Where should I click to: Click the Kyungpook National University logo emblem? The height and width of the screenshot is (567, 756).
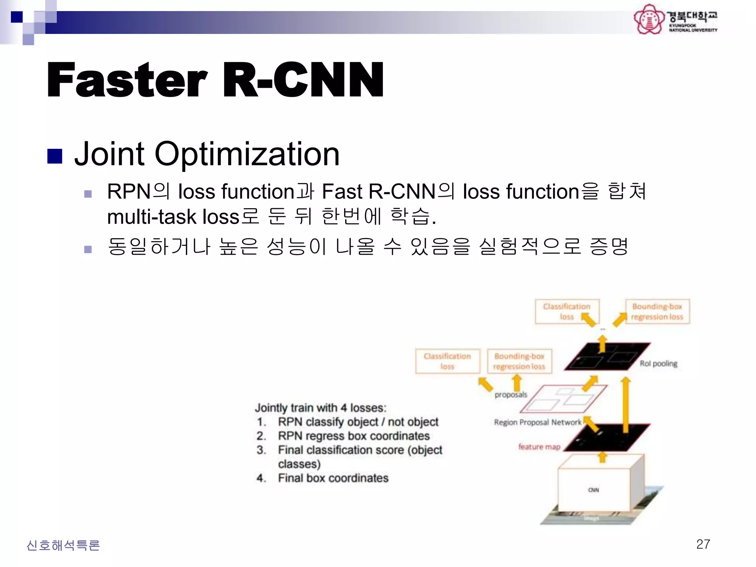tap(649, 19)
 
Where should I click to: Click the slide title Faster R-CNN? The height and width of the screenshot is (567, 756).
tap(215, 80)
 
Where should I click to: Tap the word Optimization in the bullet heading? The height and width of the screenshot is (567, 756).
tap(247, 154)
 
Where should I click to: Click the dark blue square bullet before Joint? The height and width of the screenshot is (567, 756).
tap(55, 156)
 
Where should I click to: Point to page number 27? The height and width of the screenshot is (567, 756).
tap(703, 544)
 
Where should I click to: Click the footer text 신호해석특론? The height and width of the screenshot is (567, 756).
tap(63, 545)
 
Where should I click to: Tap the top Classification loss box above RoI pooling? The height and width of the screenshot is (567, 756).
tap(567, 312)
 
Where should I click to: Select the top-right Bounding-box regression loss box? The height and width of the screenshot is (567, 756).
tap(657, 312)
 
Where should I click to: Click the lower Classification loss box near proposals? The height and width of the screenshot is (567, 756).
tap(447, 361)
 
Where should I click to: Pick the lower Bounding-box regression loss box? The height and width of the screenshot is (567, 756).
tap(519, 361)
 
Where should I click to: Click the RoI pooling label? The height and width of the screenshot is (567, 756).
tap(659, 364)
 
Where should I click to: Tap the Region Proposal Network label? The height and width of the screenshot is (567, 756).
tap(537, 422)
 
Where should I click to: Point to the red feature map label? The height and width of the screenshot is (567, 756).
tap(539, 447)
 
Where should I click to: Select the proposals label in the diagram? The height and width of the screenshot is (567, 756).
tap(511, 395)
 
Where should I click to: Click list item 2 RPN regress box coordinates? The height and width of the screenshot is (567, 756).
tap(353, 436)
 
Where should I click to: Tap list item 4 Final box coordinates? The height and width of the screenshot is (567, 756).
tap(333, 478)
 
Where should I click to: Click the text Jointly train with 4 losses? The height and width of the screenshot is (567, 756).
tap(320, 408)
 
